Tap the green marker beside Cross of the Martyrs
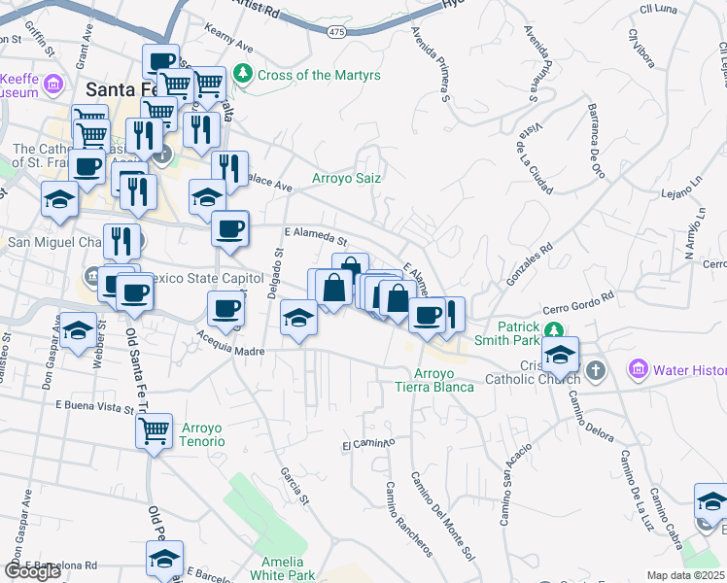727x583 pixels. coord(242,74)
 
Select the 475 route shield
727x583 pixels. coord(336,32)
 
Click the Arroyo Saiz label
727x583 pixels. coord(346,178)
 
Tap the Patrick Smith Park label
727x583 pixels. coord(505,334)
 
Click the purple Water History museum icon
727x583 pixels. coord(639,370)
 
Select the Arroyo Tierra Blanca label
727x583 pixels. coord(435,380)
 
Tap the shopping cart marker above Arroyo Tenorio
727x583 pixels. coord(155,430)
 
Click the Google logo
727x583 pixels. coord(32,571)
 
